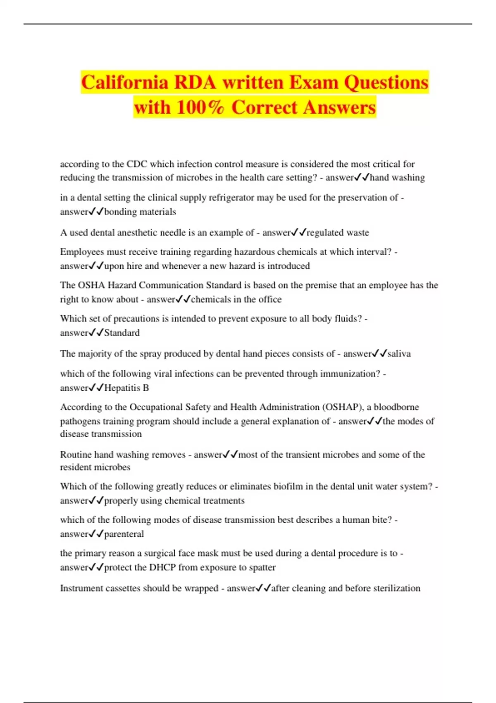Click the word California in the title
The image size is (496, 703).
tap(124, 82)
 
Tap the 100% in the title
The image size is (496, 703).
tap(200, 107)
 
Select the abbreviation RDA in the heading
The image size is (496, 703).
tap(195, 82)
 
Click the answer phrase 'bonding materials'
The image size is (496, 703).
tap(140, 212)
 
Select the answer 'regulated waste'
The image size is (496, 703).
tap(338, 232)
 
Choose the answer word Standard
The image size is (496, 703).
tap(122, 333)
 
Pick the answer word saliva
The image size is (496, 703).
tap(399, 354)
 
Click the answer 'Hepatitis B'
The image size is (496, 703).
tap(126, 388)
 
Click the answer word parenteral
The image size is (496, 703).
tap(124, 534)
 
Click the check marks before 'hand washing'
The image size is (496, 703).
tap(362, 178)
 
